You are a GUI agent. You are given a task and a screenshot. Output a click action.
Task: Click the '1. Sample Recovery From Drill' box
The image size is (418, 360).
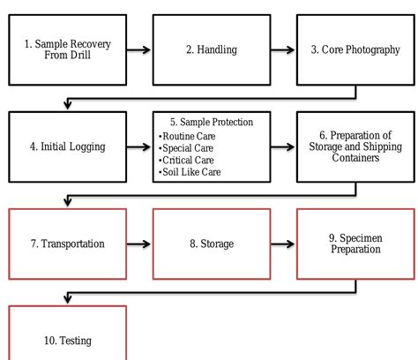click(x=68, y=49)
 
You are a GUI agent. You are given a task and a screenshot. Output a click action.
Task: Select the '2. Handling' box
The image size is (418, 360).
click(x=212, y=49)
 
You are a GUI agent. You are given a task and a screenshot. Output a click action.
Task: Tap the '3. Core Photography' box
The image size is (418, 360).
click(x=355, y=49)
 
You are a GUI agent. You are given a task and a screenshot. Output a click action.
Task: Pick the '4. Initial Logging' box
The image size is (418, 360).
click(x=68, y=146)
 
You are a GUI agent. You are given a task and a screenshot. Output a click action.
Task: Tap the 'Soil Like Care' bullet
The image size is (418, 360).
click(x=190, y=171)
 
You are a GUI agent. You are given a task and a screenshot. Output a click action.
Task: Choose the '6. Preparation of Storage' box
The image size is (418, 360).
click(x=355, y=146)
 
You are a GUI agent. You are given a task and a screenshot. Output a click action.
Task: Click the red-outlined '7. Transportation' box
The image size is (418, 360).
click(x=68, y=244)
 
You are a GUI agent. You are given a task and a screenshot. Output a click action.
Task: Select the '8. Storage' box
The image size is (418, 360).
click(x=212, y=244)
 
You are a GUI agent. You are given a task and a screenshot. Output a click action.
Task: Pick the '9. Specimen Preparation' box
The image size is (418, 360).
click(x=355, y=244)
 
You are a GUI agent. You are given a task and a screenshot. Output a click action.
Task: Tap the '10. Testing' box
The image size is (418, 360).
click(x=68, y=339)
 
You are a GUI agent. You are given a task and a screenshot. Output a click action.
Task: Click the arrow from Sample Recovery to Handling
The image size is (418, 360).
click(x=139, y=50)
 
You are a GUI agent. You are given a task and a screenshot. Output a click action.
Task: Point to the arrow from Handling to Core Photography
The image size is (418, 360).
click(x=283, y=50)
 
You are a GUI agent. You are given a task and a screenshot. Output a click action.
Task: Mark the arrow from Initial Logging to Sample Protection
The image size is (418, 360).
click(x=139, y=147)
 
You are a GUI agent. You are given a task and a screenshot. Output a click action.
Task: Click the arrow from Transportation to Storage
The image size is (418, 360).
click(x=139, y=244)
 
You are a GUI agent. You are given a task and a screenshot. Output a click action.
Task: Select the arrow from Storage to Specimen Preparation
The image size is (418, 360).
click(x=283, y=244)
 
